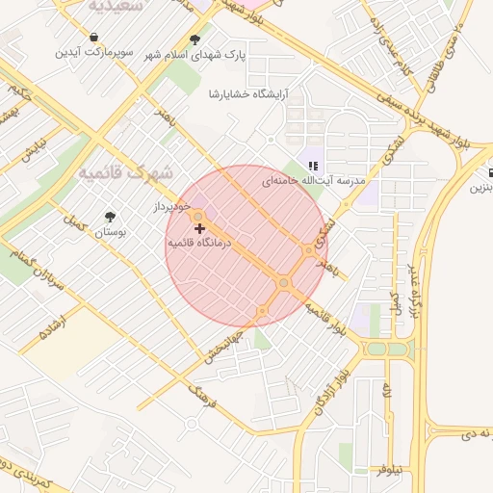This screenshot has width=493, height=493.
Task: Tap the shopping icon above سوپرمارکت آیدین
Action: tap(92, 38)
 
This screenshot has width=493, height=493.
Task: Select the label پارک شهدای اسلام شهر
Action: tap(195, 56)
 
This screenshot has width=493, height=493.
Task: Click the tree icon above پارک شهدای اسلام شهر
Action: tap(195, 39)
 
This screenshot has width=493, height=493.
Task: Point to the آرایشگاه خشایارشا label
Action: tap(248, 94)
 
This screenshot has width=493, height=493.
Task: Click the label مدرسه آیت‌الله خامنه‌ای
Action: tap(313, 181)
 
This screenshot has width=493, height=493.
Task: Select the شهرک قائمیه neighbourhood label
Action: tap(124, 173)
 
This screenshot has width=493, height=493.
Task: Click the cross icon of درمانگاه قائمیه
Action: tap(199, 228)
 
